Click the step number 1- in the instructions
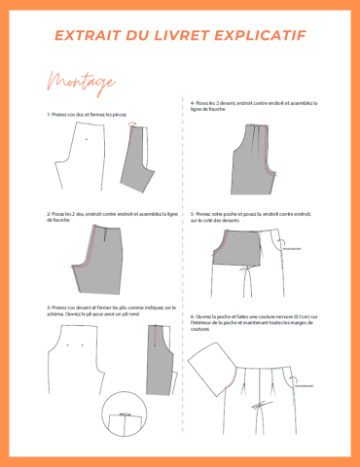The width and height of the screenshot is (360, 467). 49,114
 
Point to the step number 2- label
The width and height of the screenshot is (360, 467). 49,213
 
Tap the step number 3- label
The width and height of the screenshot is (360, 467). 49,306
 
